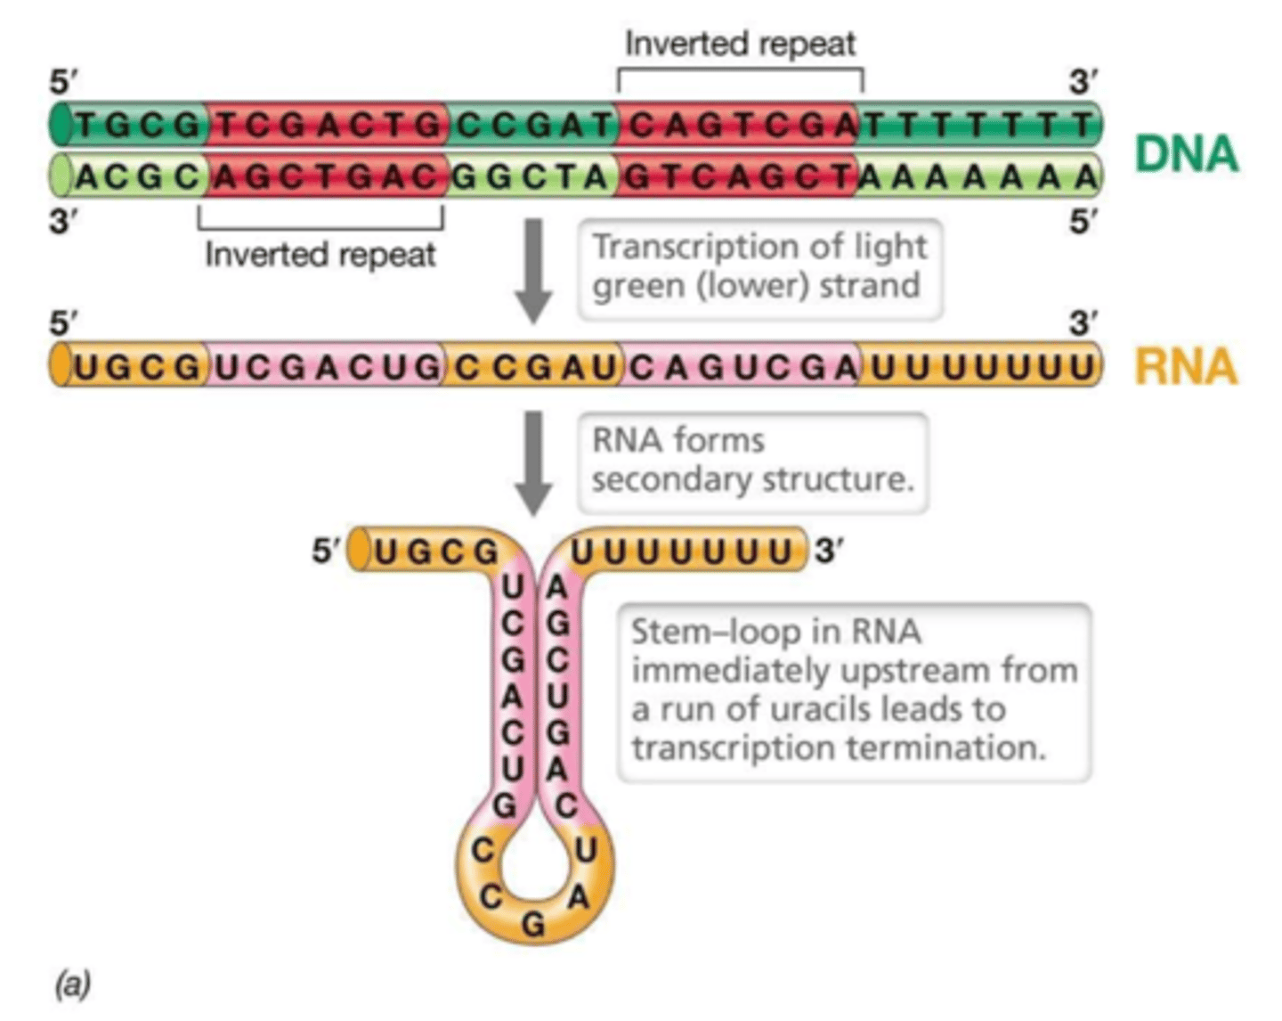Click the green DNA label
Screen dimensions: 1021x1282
point(1186,153)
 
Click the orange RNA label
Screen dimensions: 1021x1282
point(1186,366)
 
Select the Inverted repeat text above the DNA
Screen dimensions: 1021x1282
point(739,43)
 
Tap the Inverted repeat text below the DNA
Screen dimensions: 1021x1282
point(320,255)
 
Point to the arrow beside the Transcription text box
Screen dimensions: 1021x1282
point(534,270)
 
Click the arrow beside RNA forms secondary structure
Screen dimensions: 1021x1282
point(534,461)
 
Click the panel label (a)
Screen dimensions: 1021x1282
point(73,984)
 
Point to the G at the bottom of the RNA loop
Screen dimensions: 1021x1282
point(533,926)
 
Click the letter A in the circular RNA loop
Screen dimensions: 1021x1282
point(579,897)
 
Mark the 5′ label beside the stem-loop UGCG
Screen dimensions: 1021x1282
point(326,551)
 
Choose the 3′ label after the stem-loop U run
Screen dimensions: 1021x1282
point(827,551)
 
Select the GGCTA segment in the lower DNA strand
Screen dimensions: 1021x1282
point(531,177)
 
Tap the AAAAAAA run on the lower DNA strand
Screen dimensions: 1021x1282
point(976,177)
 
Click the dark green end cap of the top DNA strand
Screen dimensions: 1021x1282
point(61,125)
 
